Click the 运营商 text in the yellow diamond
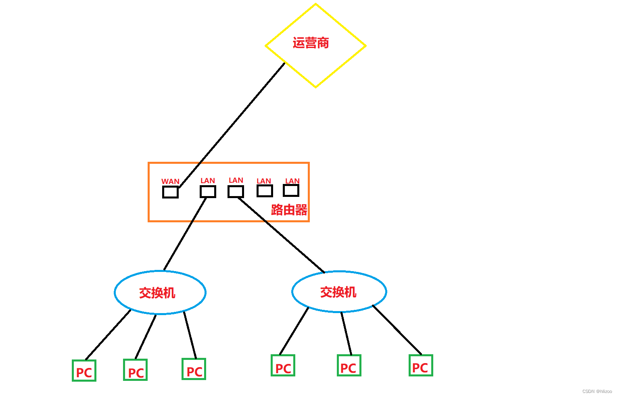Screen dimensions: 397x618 311,43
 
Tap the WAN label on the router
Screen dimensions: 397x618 170,182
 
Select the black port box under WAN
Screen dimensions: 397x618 170,192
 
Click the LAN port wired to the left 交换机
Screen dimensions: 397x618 208,191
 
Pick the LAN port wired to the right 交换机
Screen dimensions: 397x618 236,191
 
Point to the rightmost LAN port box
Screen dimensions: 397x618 291,190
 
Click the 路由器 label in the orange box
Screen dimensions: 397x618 289,210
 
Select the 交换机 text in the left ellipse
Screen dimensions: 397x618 157,293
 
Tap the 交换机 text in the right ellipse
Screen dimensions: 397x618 338,292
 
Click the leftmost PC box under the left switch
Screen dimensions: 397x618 84,370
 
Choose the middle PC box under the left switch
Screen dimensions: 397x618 136,370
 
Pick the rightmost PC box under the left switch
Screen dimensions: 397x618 194,369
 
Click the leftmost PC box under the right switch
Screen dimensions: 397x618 283,366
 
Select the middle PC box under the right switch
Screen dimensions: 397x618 349,366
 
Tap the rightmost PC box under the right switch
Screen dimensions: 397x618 421,366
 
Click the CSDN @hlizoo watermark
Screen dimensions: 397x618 597,391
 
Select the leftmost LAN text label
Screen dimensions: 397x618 208,181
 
